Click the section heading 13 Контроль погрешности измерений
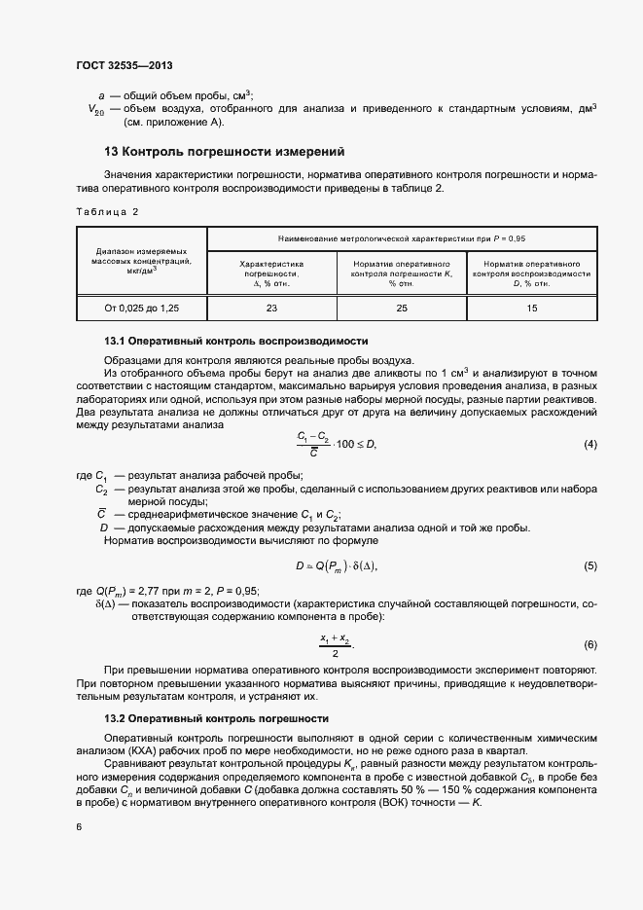224,152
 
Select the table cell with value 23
271,308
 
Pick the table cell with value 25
401,308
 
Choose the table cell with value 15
531,308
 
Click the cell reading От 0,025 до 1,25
142,308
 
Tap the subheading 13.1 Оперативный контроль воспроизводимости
235,342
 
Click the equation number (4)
589,445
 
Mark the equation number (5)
589,566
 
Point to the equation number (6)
589,645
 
